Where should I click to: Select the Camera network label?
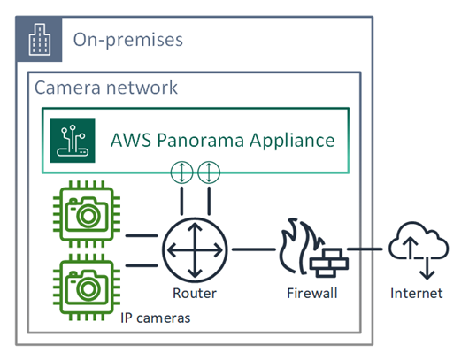point(105,88)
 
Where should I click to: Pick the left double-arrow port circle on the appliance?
point(181,172)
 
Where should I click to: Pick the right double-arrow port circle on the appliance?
point(211,172)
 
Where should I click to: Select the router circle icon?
point(196,249)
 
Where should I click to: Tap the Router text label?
point(195,294)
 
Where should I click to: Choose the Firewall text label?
point(311,294)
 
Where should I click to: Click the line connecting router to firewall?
point(253,249)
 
